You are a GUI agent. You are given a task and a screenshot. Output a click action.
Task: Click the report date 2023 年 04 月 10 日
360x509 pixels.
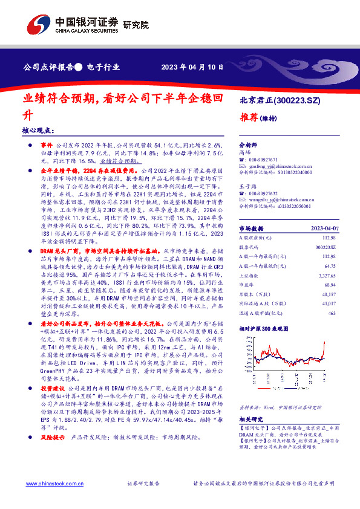[x=196, y=68]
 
